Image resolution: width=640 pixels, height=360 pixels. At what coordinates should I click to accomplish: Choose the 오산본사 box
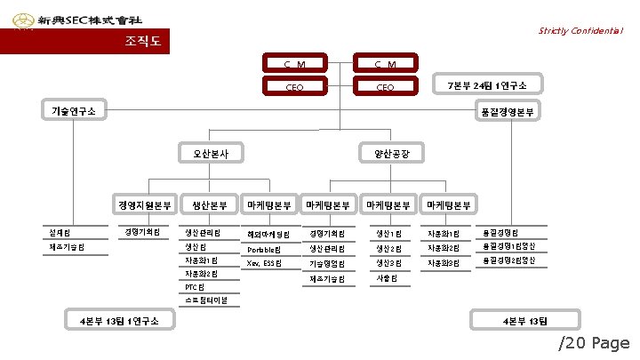pos(211,153)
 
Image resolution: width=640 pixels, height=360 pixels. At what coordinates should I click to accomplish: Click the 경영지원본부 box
pos(145,205)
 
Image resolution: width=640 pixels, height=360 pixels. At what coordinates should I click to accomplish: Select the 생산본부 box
pos(210,205)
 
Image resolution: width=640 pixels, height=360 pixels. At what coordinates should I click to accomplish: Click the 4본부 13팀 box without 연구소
pos(525,320)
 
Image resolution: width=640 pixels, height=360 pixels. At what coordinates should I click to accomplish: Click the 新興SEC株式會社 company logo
pos(76,19)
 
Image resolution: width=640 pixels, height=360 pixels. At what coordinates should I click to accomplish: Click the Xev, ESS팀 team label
pos(264,264)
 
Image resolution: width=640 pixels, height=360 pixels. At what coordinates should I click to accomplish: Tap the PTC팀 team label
pos(195,287)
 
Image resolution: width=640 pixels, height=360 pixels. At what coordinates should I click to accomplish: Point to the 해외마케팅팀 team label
pos(269,234)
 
